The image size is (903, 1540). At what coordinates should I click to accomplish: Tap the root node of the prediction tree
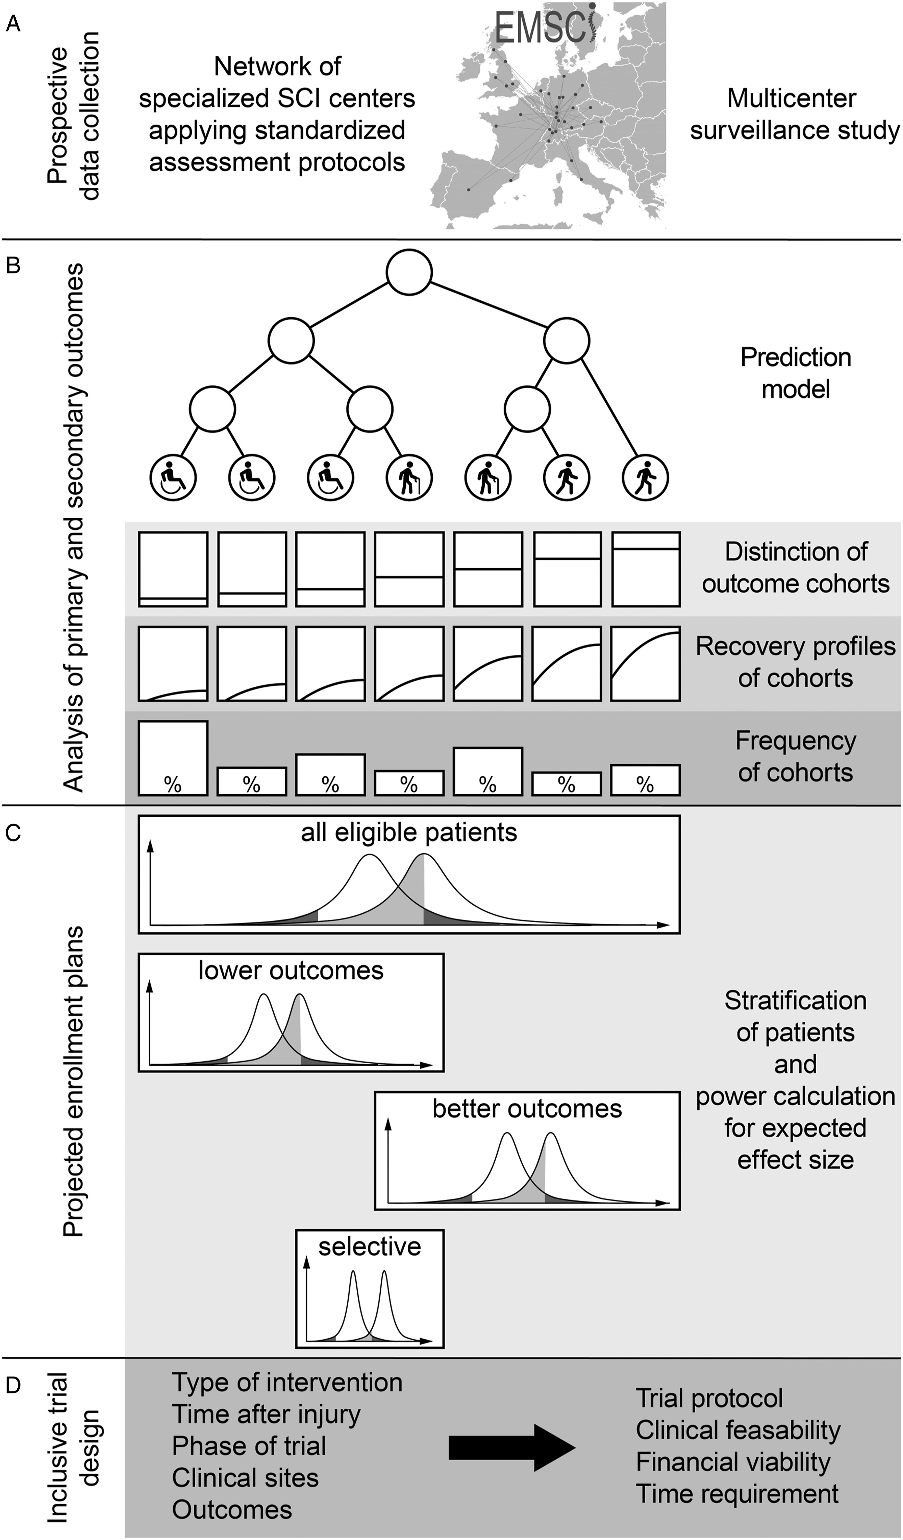(409, 272)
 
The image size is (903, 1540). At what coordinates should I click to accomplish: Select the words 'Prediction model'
(795, 373)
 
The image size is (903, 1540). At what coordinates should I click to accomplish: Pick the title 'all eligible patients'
(409, 832)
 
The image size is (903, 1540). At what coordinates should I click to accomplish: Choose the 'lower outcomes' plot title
(291, 970)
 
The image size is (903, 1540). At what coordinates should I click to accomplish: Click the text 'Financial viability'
(733, 1462)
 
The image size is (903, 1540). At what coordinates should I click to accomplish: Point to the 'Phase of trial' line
(249, 1446)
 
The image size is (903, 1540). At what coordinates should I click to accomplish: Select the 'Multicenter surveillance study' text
(795, 114)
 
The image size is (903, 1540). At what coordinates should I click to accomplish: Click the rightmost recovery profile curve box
(646, 664)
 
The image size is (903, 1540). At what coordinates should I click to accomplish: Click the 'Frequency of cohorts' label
(795, 756)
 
